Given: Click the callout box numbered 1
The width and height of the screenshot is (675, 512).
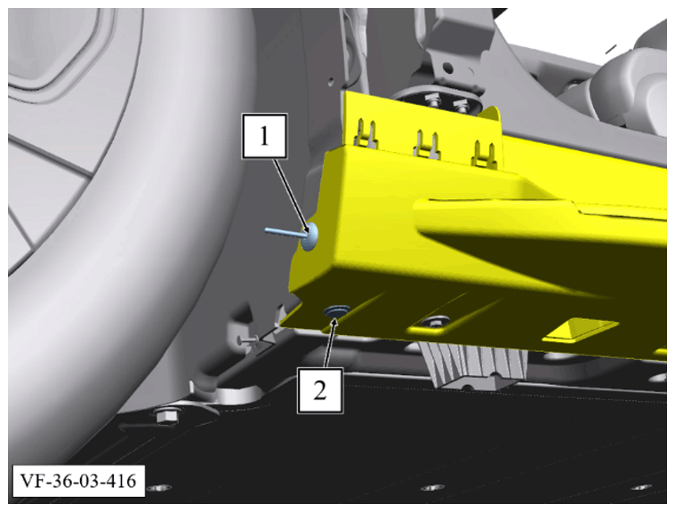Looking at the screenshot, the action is tap(264, 136).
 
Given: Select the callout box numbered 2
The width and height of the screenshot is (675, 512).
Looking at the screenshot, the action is tap(320, 391).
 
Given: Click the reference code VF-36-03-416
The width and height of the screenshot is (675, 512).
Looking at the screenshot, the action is tap(78, 481).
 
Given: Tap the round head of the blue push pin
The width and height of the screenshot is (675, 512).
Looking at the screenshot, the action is tap(310, 236).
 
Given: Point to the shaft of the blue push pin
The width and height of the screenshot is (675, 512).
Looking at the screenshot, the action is tap(285, 232).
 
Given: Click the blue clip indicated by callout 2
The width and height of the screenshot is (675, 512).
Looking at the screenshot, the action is tap(337, 310).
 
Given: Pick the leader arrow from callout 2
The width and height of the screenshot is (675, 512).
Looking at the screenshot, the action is tap(330, 342).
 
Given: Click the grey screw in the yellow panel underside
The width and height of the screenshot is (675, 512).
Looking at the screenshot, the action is tap(435, 321).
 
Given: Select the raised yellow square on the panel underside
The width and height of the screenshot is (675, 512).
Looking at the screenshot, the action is tap(581, 330).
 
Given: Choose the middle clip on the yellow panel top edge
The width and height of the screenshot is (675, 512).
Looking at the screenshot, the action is tap(427, 144).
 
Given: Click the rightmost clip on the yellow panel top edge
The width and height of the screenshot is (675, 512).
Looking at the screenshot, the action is tap(486, 154).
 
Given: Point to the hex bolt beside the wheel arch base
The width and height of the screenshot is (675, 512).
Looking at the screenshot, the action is tap(165, 416).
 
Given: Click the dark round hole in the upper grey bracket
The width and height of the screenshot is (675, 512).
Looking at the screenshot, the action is tap(447, 68).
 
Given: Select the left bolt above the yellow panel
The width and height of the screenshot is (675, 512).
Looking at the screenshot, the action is tap(433, 102).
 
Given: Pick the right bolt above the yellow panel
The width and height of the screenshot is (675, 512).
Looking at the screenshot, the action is tap(461, 105).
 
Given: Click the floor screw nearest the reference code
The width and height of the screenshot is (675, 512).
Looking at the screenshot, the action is tap(159, 488).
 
